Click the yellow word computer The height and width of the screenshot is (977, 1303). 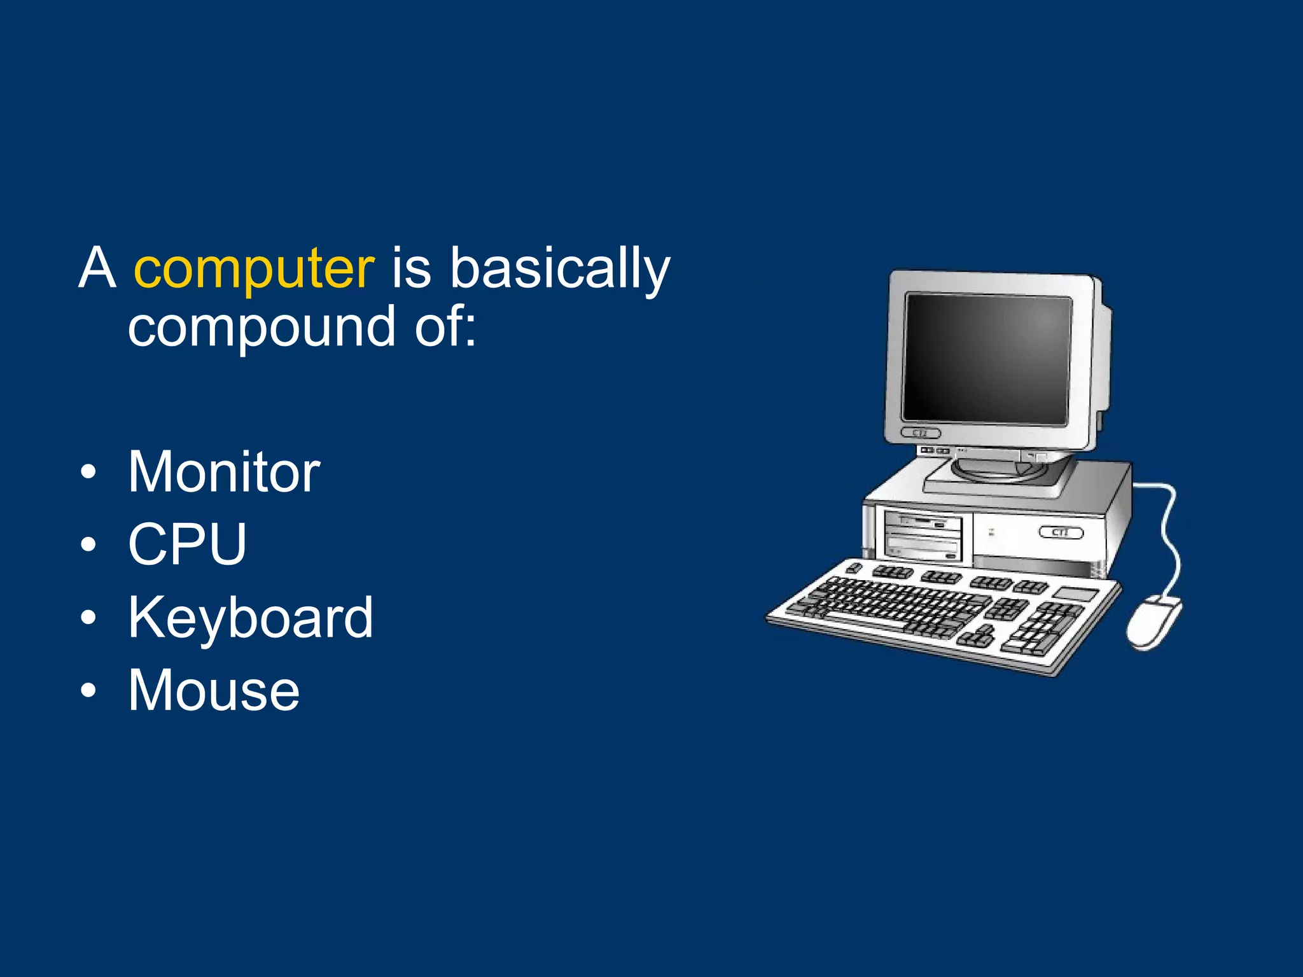[x=254, y=268]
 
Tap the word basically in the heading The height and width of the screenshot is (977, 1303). [x=560, y=268]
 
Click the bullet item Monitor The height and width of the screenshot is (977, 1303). [x=224, y=472]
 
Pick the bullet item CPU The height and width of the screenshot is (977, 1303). [x=187, y=544]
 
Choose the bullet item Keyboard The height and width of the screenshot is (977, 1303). [x=251, y=618]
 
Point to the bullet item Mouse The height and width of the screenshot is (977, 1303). [x=214, y=691]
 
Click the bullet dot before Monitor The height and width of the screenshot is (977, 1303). [x=89, y=473]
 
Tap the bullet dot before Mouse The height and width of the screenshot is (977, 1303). [x=89, y=691]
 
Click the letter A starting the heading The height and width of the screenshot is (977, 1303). [x=97, y=268]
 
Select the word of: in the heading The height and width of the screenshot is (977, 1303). [x=445, y=327]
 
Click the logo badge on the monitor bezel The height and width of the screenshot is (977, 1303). [x=921, y=433]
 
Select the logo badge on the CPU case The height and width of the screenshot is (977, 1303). [x=1061, y=532]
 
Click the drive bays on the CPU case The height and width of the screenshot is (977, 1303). [x=923, y=536]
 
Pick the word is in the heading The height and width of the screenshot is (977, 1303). [x=412, y=268]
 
